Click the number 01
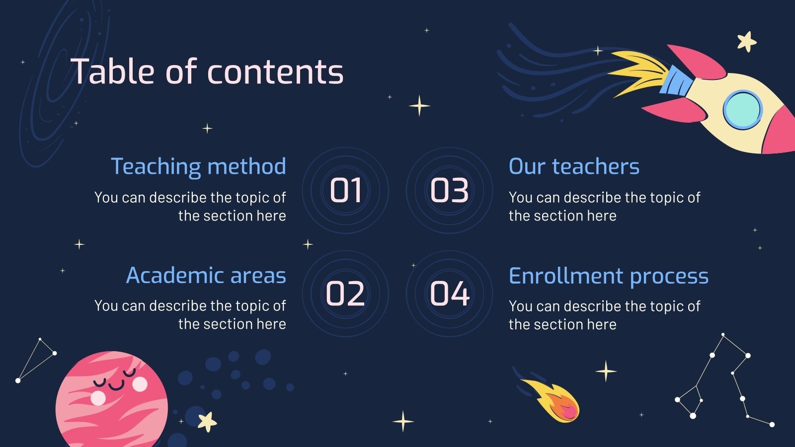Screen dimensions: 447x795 346,190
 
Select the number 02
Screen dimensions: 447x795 345,294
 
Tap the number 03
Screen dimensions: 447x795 449,190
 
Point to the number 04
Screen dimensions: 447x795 450,294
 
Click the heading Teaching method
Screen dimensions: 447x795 198,166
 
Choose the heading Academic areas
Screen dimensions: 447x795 206,275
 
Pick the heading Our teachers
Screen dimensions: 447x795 574,166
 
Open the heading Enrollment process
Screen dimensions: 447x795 608,276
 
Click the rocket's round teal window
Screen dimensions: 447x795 742,110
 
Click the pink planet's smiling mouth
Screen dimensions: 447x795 117,385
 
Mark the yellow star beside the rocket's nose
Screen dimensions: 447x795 746,42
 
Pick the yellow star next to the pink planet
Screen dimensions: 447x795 207,422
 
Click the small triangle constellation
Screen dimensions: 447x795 36,359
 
